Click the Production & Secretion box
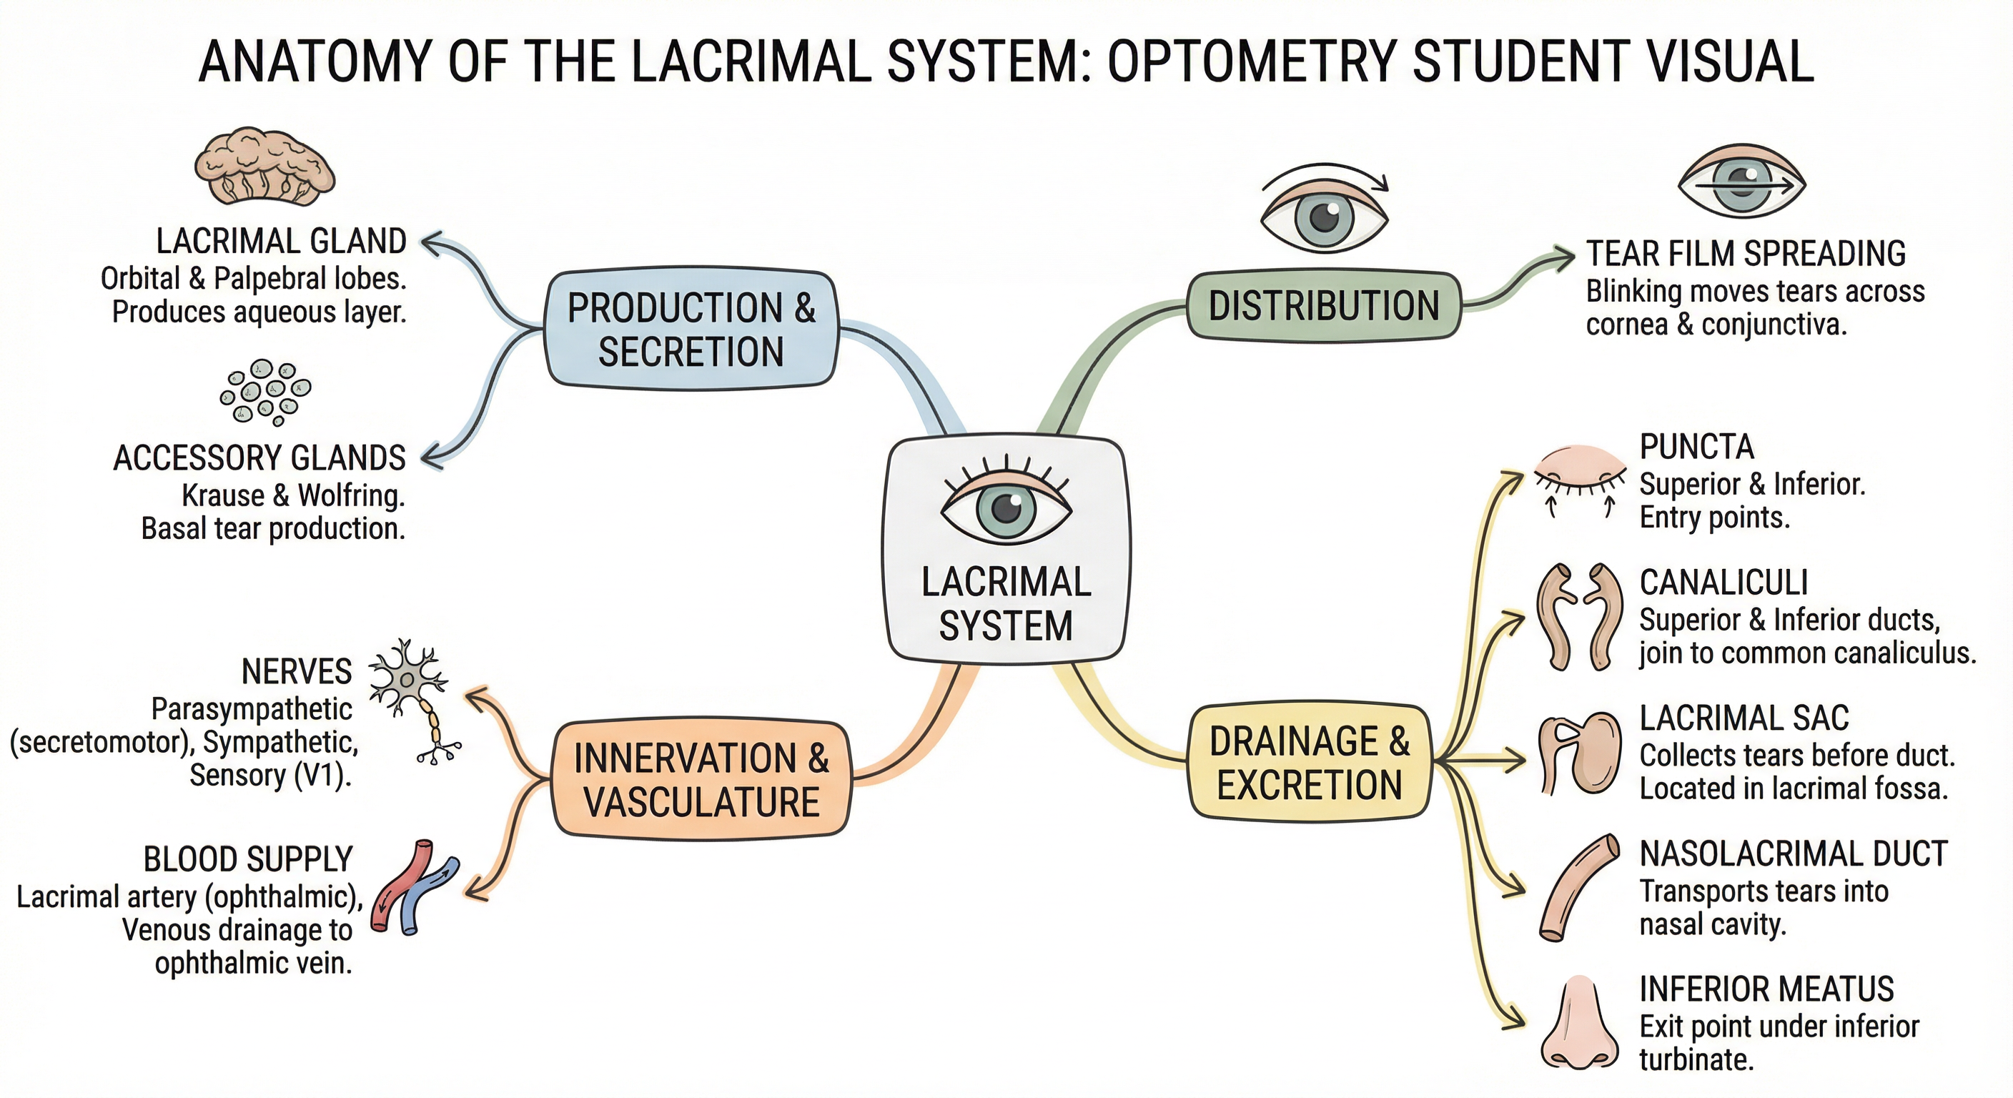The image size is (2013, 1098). pos(691,329)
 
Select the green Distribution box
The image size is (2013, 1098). pos(1323,305)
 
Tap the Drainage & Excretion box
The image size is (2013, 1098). pos(1310,762)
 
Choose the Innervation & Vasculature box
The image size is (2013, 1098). pos(700,779)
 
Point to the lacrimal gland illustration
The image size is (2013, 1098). pos(264,167)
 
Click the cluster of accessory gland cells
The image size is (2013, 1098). pos(265,392)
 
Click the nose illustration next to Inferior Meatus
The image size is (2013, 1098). pos(1579,1023)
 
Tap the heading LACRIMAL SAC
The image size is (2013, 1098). pos(1744,718)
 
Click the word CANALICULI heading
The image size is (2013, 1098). pos(1723,582)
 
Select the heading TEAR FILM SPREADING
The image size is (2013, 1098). pos(1745,254)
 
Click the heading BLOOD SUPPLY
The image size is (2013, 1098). pos(248,860)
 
